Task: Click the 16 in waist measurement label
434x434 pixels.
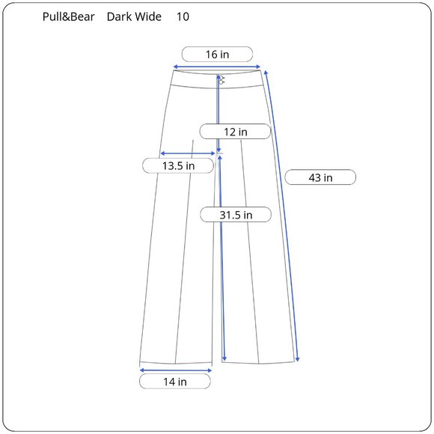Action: pyautogui.click(x=218, y=54)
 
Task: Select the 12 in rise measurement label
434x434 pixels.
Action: pyautogui.click(x=235, y=132)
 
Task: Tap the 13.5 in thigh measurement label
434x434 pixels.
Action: pyautogui.click(x=179, y=165)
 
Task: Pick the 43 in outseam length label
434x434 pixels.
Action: pyautogui.click(x=320, y=177)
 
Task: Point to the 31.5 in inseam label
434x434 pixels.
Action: pyautogui.click(x=235, y=215)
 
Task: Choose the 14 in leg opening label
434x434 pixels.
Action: pyautogui.click(x=175, y=382)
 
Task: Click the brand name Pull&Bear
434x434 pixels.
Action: pyautogui.click(x=69, y=16)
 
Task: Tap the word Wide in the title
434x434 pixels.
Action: pyautogui.click(x=148, y=16)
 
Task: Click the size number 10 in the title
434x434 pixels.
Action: pyautogui.click(x=183, y=16)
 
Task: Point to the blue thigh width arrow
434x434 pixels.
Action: pyautogui.click(x=188, y=153)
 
